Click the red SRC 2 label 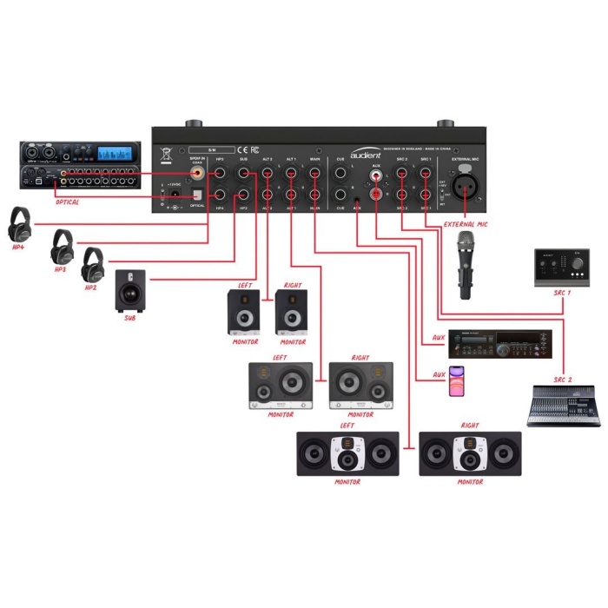[x=563, y=380]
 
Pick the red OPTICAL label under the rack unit [x=67, y=202]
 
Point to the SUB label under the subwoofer [x=130, y=319]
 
